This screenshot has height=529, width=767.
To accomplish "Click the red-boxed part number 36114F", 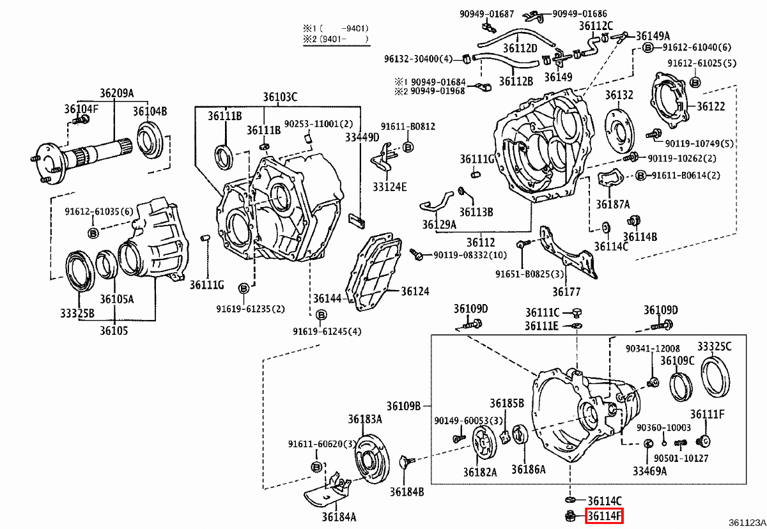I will pyautogui.click(x=604, y=516).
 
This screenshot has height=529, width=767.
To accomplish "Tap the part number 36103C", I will pyautogui.click(x=279, y=97).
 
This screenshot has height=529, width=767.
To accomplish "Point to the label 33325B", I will pyautogui.click(x=77, y=314).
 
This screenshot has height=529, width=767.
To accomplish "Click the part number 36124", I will pyautogui.click(x=415, y=291).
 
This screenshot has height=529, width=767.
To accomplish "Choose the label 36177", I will pyautogui.click(x=566, y=292).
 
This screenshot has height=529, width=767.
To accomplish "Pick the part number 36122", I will pyautogui.click(x=710, y=107).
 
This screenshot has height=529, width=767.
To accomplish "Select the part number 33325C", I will pyautogui.click(x=714, y=346).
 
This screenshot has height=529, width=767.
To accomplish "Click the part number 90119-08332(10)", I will pyautogui.click(x=470, y=255).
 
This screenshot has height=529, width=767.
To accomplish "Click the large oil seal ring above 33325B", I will pyautogui.click(x=81, y=272).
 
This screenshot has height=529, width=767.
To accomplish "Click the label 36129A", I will pyautogui.click(x=439, y=224).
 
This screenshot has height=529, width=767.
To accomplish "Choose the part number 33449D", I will pyautogui.click(x=362, y=137).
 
